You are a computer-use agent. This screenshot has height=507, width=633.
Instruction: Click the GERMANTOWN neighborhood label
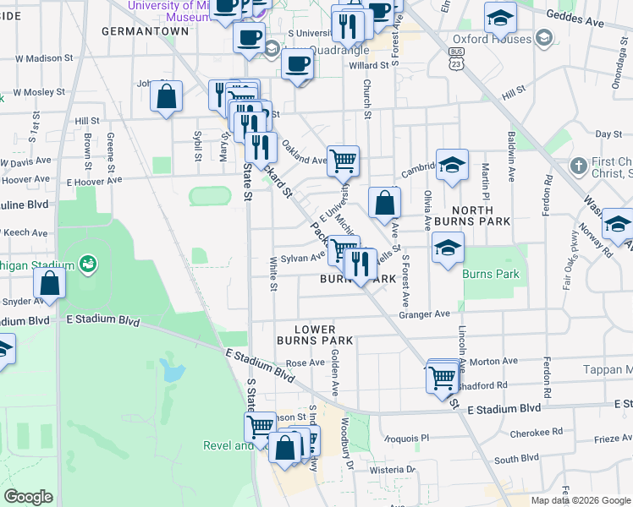pos(145,30)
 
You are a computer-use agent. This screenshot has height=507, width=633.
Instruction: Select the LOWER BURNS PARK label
pos(315,335)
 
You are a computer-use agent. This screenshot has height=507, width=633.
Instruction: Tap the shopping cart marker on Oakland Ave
pos(343,161)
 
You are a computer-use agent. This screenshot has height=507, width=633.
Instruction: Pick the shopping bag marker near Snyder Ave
pos(50,285)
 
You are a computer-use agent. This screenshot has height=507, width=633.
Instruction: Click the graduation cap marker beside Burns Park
pos(447,248)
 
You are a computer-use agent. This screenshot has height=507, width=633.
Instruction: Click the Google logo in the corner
pos(29,497)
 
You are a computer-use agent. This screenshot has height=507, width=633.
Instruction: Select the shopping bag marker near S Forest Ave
pos(384,203)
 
